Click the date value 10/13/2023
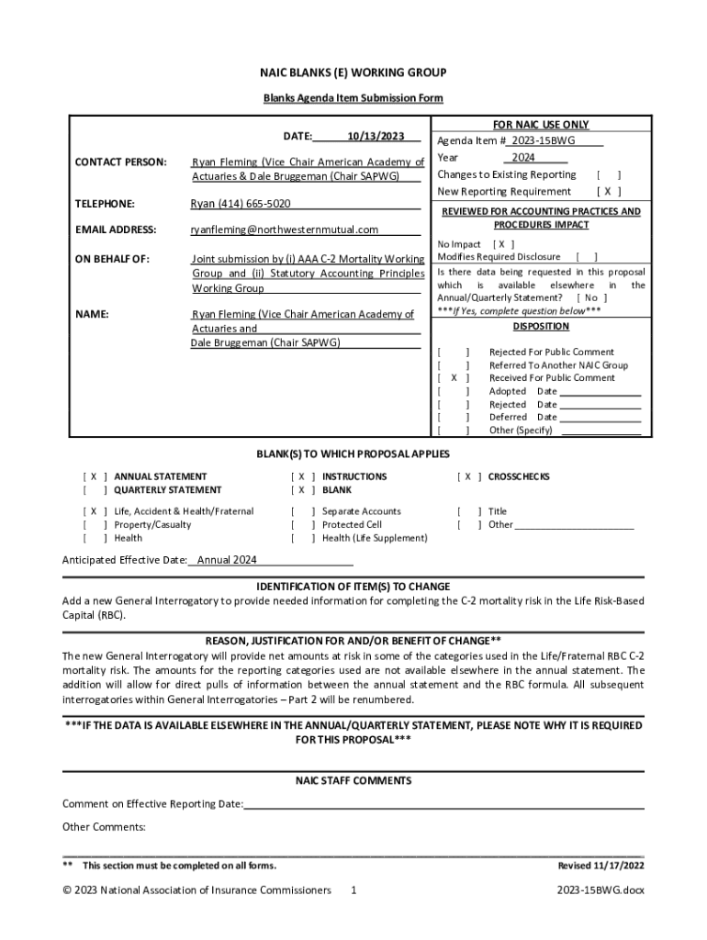(376, 137)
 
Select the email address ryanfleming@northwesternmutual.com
(284, 229)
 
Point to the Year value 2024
(523, 157)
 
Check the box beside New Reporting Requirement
(609, 192)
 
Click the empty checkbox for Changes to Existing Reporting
(609, 174)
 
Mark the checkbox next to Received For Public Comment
(454, 378)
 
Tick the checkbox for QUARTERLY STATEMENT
(95, 490)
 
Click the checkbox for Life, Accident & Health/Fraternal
(95, 511)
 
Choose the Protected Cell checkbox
(302, 525)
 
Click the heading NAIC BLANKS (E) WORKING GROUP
(353, 73)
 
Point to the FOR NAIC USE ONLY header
(541, 125)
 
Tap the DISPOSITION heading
(540, 327)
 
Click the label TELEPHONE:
(105, 204)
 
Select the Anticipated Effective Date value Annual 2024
(227, 560)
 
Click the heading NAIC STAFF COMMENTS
(353, 781)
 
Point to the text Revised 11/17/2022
(600, 866)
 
